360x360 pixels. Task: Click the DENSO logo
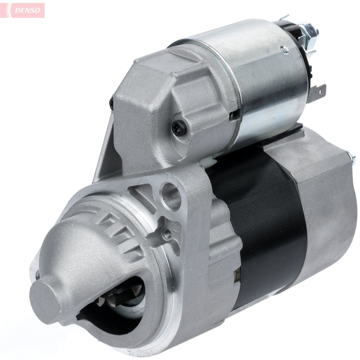click(x=27, y=10)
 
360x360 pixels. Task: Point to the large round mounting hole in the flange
click(x=172, y=195)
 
